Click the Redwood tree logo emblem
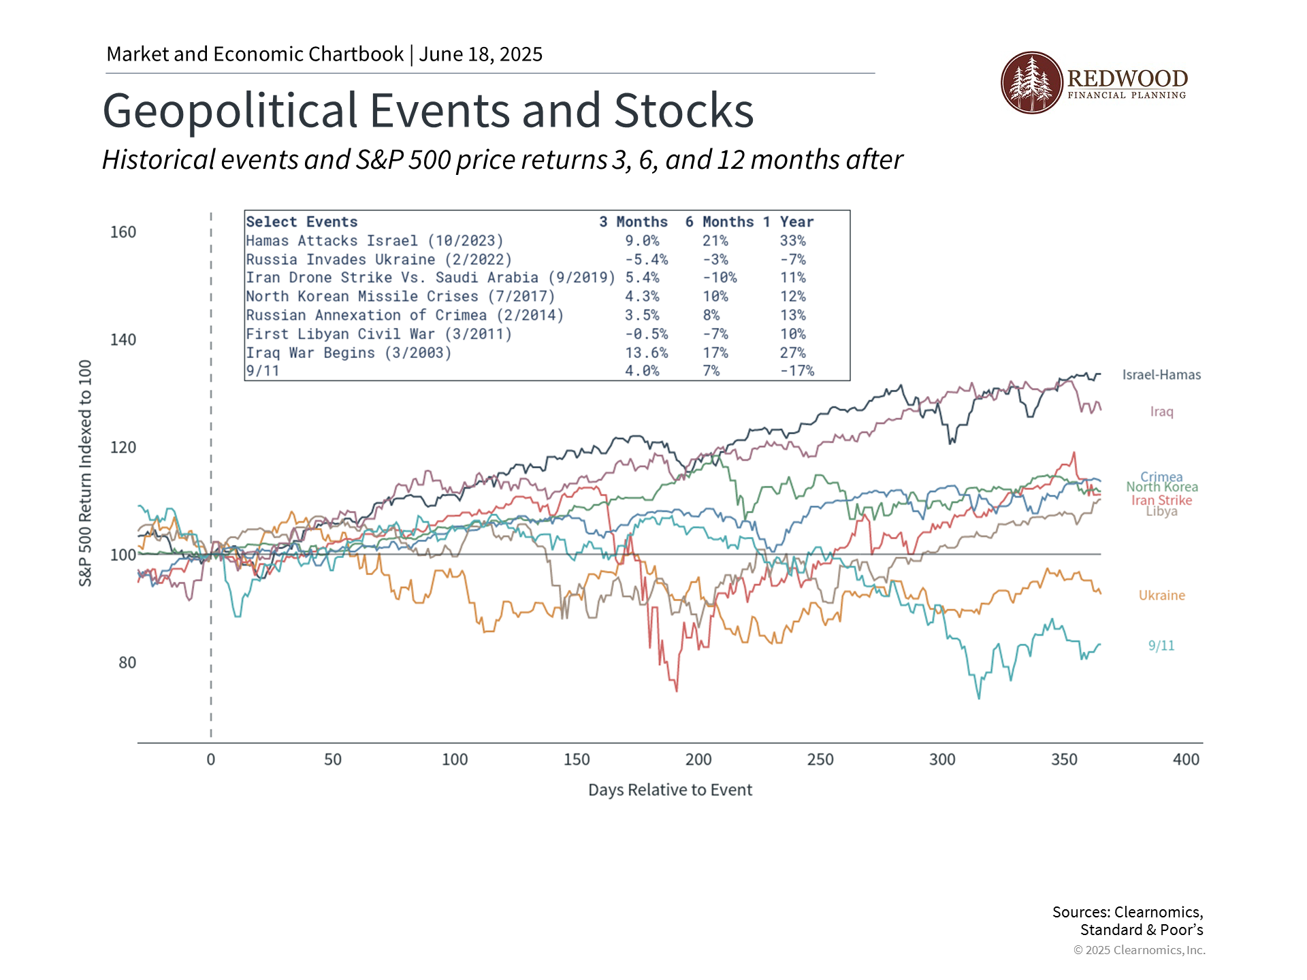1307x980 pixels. pos(1031,82)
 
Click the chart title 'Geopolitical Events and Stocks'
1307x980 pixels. pos(427,110)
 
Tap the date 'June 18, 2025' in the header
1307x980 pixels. pos(481,54)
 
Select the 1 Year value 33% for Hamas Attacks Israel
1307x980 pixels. pos(792,241)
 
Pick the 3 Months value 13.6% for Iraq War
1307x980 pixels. pos(646,353)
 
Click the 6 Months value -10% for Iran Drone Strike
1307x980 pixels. pos(720,278)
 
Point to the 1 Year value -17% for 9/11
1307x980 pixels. pos(796,371)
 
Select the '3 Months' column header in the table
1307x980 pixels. pos(633,222)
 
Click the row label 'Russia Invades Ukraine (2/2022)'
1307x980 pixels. pos(378,260)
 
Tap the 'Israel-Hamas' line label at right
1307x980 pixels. pos(1161,375)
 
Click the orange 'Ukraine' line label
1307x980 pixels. pos(1161,595)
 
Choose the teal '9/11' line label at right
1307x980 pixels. pos(1161,646)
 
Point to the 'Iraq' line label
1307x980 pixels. pos(1161,412)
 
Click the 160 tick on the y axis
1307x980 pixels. pos(123,232)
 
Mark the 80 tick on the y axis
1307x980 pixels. pos(127,663)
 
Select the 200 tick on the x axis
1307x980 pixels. pos(698,759)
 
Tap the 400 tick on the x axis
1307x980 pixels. pos(1186,759)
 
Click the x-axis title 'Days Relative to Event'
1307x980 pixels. pos(670,790)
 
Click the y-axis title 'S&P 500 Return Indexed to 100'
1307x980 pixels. pos(85,473)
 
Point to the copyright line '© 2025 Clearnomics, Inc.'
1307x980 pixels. pos(1139,950)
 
